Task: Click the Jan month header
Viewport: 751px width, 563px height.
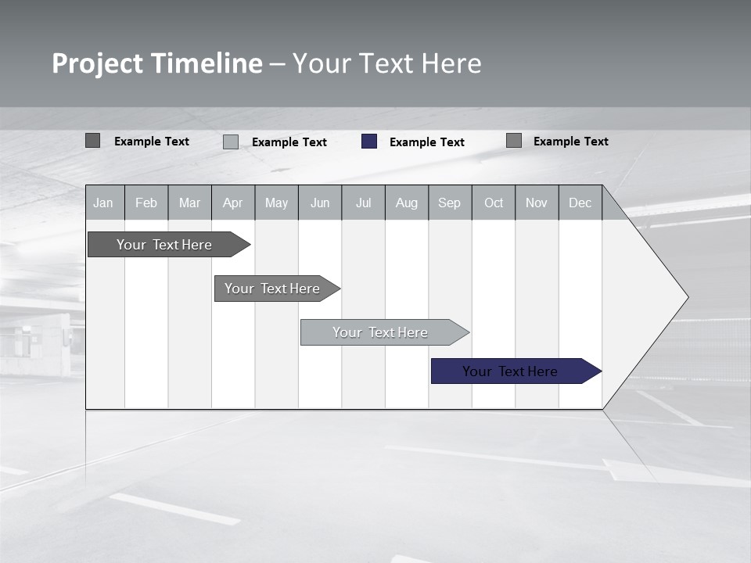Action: point(103,203)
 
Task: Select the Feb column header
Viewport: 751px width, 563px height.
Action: point(146,203)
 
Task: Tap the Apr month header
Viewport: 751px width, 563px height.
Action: point(233,203)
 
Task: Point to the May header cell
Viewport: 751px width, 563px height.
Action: point(276,203)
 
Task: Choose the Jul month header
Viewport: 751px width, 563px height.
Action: point(363,203)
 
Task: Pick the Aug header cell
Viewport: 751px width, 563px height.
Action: point(407,203)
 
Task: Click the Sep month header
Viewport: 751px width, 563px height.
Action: point(450,203)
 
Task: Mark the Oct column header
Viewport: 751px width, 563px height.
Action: point(494,203)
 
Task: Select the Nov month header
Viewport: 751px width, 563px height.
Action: point(537,203)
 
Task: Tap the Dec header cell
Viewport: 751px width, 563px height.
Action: point(580,203)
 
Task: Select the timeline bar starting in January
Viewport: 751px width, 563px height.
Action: point(165,245)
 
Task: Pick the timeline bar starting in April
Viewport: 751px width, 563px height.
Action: point(273,289)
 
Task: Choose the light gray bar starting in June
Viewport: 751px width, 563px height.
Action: point(381,332)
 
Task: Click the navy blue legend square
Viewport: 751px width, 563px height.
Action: point(369,142)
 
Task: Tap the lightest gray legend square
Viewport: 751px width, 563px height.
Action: point(231,142)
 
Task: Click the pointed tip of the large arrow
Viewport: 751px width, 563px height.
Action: point(686,297)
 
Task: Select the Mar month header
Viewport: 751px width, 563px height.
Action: point(189,203)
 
